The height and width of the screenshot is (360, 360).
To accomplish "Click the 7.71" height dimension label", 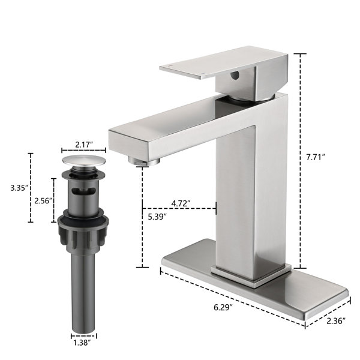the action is pyautogui.click(x=316, y=157).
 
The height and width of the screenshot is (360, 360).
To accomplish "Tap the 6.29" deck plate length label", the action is pyautogui.click(x=223, y=307).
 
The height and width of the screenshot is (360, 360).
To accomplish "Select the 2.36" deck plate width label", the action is pyautogui.click(x=336, y=321).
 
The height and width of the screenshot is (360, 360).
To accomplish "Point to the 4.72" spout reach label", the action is pyautogui.click(x=181, y=203).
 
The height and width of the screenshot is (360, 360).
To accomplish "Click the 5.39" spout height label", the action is pyautogui.click(x=157, y=217).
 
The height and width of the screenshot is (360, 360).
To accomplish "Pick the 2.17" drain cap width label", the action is pyautogui.click(x=84, y=145).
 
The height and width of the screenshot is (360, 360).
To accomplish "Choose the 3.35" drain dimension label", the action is pyautogui.click(x=19, y=188).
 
